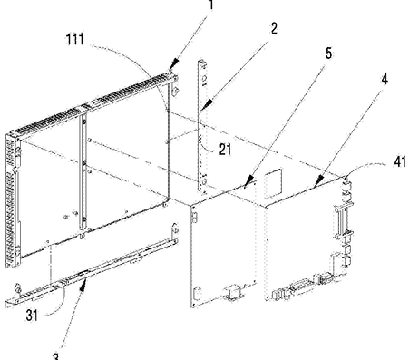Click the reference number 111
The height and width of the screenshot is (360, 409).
pos(75,39)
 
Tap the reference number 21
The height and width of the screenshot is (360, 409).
pos(225,149)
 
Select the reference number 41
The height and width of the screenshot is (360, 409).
pos(400,162)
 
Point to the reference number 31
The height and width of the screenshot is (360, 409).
pos(32,316)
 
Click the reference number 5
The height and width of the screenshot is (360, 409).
pos(328,53)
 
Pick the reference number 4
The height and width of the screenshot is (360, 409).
pos(385,79)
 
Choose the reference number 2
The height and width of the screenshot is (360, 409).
pos(274,28)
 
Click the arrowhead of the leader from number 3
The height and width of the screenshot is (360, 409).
pos(84,284)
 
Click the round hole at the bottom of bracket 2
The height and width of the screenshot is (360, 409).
pos(203,181)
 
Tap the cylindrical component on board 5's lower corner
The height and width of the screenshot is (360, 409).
pos(197,294)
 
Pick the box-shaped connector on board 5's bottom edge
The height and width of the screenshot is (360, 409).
pos(233,293)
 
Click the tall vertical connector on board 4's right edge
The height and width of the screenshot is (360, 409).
pos(342,220)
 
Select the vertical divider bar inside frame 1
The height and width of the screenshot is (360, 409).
pos(83,173)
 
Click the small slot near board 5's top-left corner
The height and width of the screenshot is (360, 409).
pos(195,217)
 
